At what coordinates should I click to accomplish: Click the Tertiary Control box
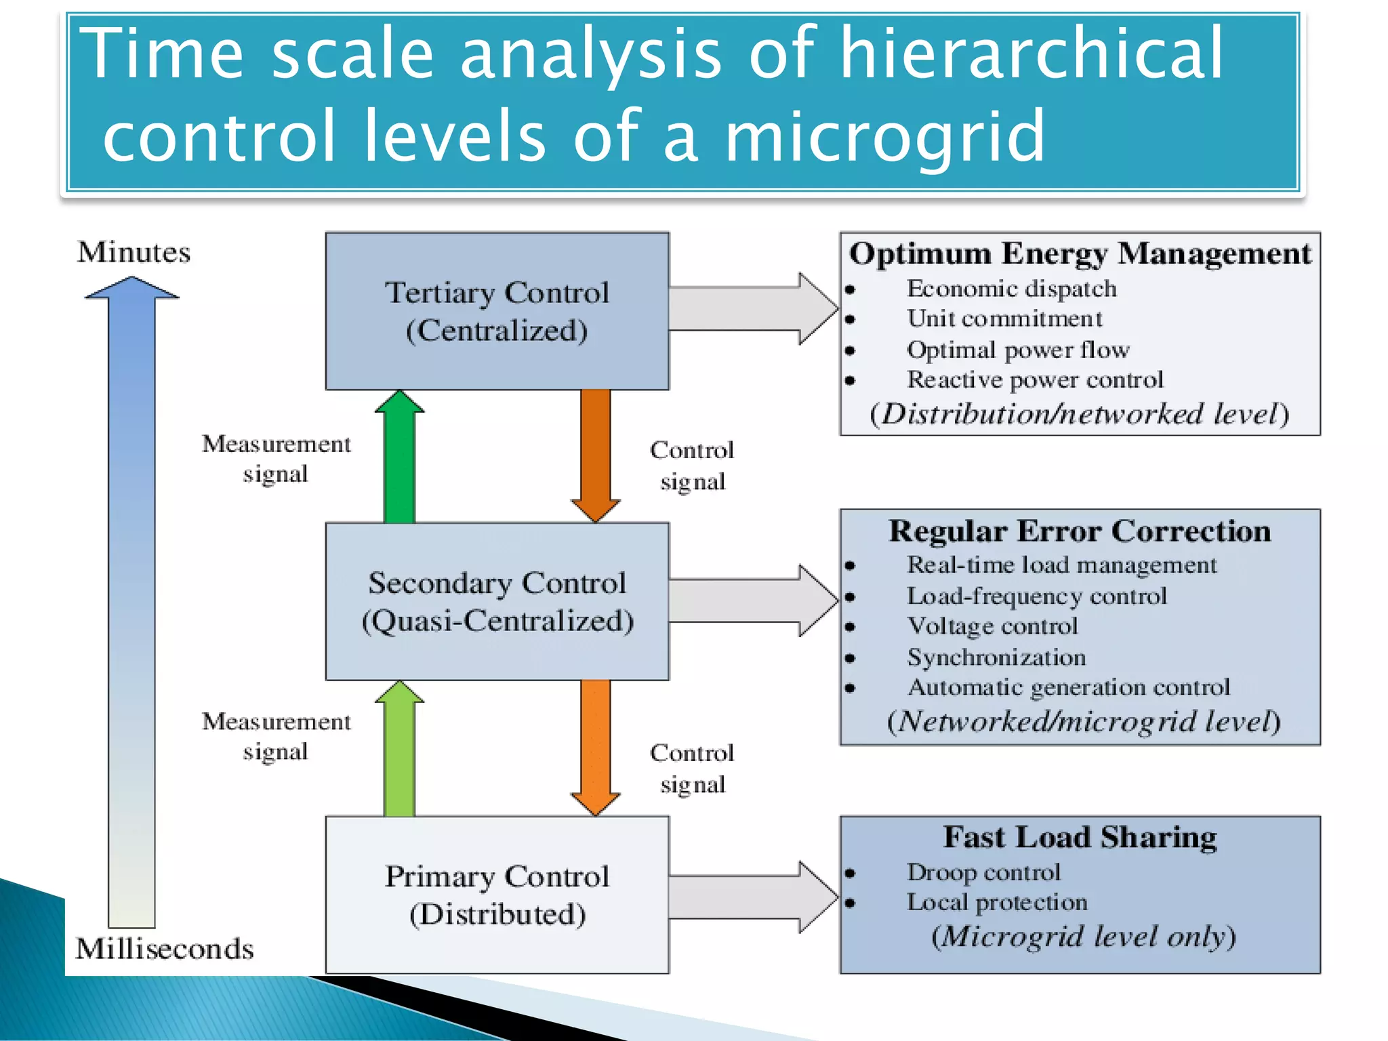497,311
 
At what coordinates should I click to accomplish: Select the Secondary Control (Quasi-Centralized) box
497,601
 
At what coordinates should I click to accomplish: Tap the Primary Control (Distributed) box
497,895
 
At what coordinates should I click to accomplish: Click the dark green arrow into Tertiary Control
399,457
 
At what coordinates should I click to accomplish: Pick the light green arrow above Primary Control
399,749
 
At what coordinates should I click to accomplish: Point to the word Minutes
134,252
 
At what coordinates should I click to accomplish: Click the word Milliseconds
165,948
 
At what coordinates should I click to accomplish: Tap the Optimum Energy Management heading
1080,253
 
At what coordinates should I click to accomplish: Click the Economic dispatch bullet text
1011,289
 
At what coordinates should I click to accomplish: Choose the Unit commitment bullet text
1004,319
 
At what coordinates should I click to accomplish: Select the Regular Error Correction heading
1080,531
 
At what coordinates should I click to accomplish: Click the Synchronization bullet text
996,657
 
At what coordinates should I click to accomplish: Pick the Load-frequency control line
1036,596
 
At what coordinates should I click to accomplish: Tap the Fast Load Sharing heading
1080,837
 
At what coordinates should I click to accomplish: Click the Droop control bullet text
983,872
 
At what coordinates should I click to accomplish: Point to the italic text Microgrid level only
1083,937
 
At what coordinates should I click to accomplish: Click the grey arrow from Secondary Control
752,600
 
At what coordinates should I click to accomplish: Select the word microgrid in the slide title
884,137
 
